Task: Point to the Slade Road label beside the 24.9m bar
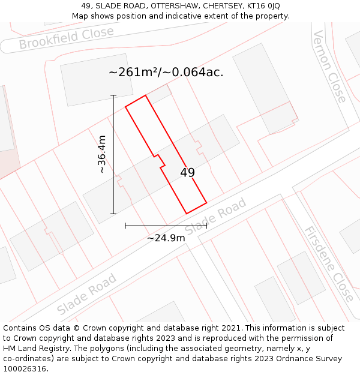pos(215,217)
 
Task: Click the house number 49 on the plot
pos(187,173)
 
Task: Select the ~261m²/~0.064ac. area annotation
pos(166,73)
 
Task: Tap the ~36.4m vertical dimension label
pos(102,154)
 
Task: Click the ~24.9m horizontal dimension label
pos(166,238)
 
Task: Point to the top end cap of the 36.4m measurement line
pos(113,95)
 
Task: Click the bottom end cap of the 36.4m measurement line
pos(113,214)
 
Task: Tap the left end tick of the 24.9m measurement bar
pos(125,226)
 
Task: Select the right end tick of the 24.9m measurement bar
pos(206,226)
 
